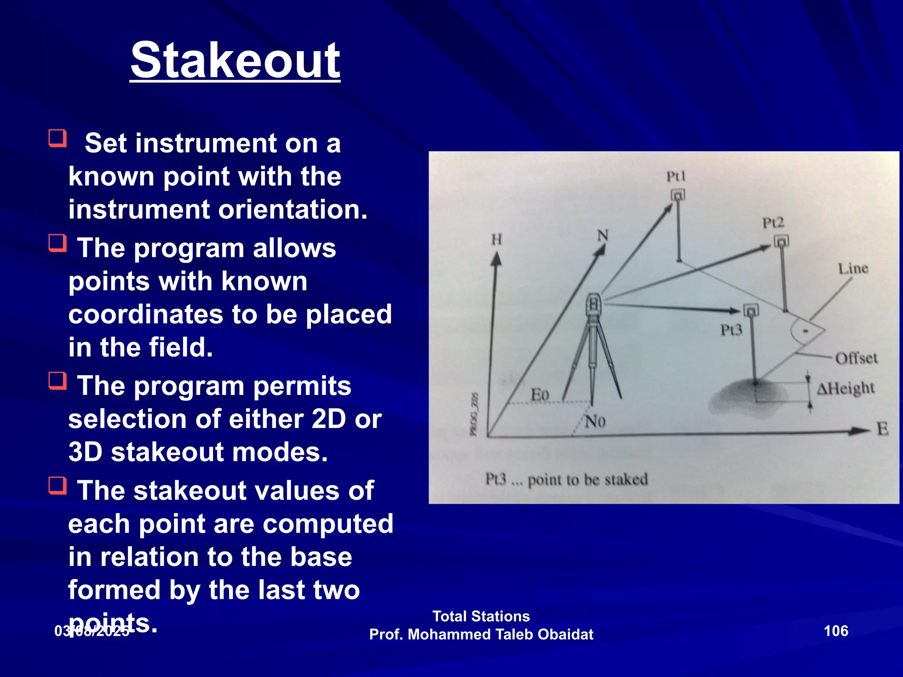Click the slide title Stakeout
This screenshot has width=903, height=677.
(235, 60)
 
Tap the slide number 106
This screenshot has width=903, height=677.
(836, 631)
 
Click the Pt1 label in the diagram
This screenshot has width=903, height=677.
(675, 177)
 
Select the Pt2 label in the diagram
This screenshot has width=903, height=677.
(773, 223)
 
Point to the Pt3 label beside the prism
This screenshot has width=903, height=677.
(731, 330)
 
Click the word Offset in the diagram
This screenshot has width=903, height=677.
(856, 358)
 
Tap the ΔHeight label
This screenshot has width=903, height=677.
(845, 388)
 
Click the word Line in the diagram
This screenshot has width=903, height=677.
(853, 268)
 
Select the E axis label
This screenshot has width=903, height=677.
(882, 429)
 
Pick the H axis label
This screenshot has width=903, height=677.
(496, 239)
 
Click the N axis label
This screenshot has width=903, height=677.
(602, 236)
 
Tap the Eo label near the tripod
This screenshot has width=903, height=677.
(539, 394)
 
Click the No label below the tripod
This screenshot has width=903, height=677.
(595, 422)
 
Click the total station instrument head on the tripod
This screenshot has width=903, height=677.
(594, 304)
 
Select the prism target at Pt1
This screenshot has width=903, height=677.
(678, 195)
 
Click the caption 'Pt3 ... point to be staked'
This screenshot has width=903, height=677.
(566, 479)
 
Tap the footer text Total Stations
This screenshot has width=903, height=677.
(481, 616)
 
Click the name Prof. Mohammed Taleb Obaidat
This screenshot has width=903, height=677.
(481, 634)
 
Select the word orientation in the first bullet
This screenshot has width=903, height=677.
(293, 209)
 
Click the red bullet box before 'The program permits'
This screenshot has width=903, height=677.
(58, 381)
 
